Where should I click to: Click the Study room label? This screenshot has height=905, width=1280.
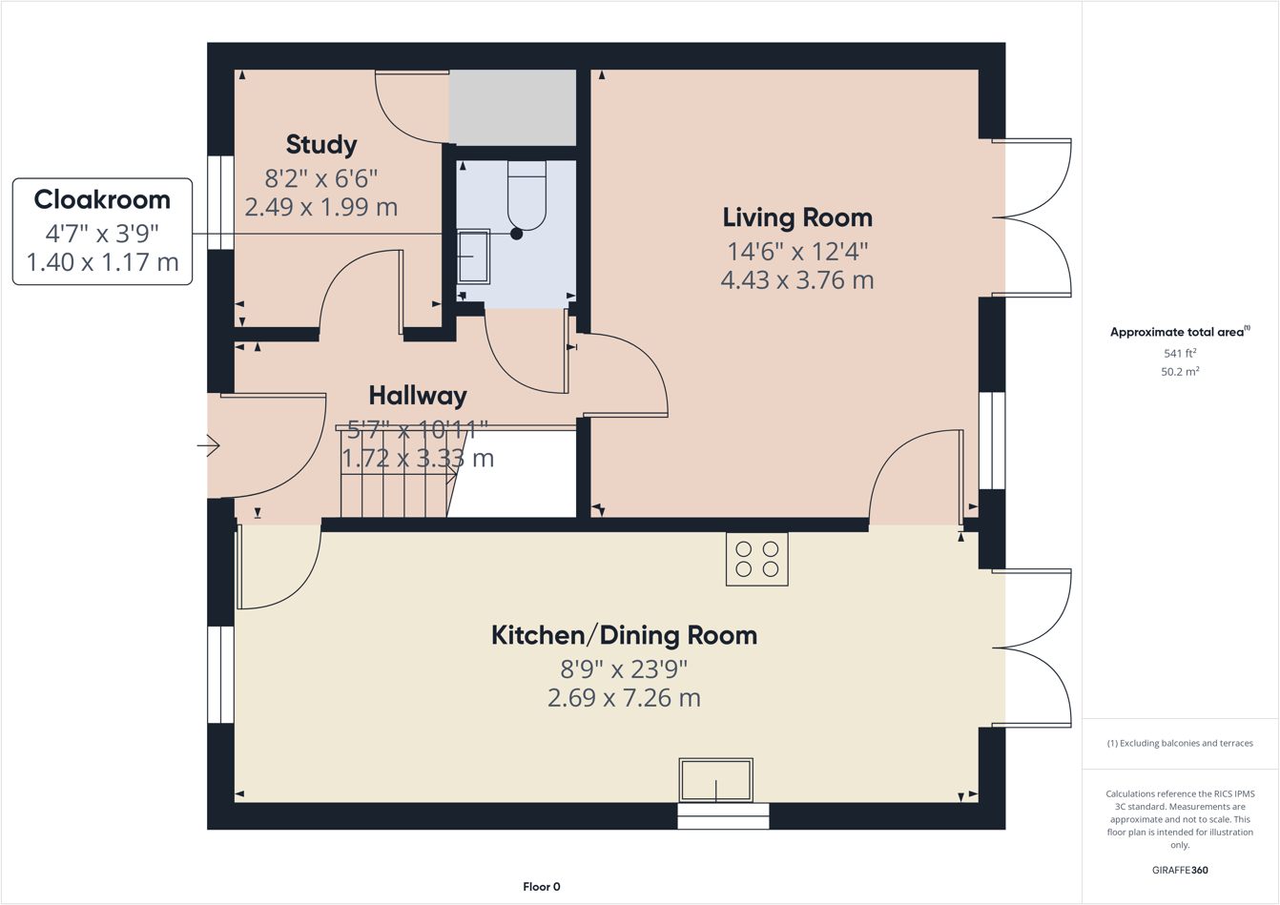coord(321,145)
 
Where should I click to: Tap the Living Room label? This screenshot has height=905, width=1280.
coord(796,217)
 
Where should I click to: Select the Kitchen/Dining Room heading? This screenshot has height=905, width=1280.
coord(624,635)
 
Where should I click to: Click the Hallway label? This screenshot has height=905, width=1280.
coord(418,395)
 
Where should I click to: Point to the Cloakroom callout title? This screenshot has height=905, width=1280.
coord(102,200)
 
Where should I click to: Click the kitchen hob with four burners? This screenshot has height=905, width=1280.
coord(756,559)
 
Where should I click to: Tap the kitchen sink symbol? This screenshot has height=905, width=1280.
coord(715,780)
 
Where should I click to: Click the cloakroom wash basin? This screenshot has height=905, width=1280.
coord(473,257)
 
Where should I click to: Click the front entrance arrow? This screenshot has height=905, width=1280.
coord(209,445)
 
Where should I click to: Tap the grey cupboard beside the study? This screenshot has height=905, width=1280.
coord(512,107)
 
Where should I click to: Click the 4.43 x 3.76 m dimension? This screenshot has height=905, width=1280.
coord(796,280)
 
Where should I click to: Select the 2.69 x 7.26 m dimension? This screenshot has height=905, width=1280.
coord(624,698)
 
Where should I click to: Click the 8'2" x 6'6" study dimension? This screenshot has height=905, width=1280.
coord(321,178)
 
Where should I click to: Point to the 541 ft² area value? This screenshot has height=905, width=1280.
coord(1179,353)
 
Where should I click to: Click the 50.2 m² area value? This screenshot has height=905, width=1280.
coord(1179,372)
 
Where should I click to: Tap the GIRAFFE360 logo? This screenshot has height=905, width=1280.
coord(1179,870)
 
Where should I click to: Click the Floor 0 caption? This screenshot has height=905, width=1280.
coord(542,887)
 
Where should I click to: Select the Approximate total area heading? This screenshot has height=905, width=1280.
coord(1179,332)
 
